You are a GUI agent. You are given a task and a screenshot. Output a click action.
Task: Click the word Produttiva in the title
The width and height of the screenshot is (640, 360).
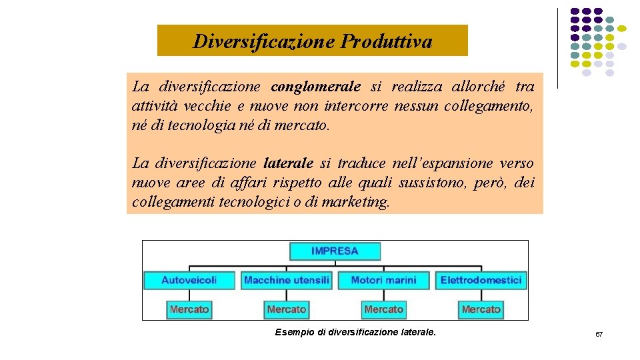386,41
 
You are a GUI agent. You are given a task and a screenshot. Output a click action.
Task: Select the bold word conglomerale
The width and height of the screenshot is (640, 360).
316,87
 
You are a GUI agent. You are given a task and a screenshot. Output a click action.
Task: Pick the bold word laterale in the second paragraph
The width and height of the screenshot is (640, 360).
288,163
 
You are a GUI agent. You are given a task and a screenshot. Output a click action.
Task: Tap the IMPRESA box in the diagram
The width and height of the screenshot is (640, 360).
335,251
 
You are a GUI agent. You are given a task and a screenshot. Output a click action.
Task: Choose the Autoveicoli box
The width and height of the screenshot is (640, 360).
189,280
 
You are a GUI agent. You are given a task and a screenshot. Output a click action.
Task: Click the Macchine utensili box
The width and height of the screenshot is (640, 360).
287,280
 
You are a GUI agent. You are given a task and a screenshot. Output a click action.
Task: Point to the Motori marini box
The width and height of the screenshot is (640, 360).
383,280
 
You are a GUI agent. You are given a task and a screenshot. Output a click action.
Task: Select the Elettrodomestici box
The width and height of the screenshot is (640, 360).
481,280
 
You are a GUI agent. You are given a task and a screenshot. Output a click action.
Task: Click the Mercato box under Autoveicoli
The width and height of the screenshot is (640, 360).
189,309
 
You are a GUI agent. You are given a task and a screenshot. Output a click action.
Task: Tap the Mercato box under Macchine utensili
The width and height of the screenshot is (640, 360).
287,309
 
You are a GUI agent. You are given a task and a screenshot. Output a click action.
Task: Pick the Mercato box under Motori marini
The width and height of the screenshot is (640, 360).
383,309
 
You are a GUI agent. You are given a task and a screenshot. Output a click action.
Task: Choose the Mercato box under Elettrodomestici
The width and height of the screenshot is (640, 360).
481,309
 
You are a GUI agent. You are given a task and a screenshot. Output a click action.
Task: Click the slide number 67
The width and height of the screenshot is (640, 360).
599,334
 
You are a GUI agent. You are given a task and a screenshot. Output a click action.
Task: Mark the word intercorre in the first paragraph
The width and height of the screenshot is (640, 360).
356,106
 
